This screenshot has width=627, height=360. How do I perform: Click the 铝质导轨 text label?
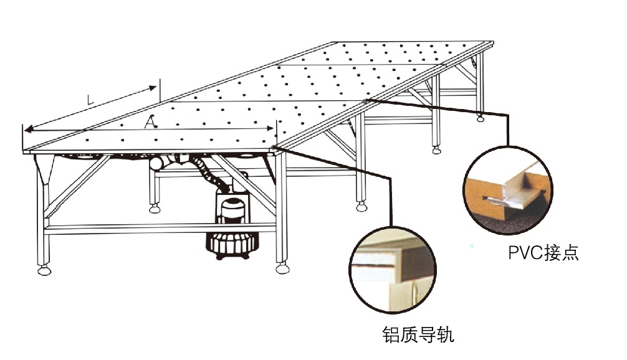418,334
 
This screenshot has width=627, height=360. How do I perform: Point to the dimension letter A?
150,123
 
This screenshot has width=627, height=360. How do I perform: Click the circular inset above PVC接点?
508,191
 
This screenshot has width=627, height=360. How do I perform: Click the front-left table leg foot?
44,270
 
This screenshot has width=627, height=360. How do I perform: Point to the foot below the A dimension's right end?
282,268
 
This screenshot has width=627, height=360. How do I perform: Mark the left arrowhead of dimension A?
27,129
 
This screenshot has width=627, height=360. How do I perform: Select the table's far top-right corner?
492,42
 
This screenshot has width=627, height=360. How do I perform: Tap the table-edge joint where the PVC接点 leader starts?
366,100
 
